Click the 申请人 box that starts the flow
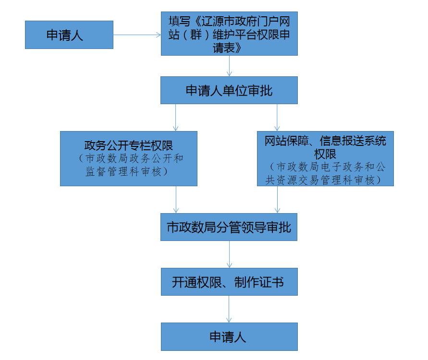69,35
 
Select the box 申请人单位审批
229,90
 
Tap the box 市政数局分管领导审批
229,227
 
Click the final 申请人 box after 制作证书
229,336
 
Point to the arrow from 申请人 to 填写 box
137,35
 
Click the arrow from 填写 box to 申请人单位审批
229,66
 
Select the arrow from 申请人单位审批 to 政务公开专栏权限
175,118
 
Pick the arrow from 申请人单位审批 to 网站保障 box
277,118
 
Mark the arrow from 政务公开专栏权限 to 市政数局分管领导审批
176,200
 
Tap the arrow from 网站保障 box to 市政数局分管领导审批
277,200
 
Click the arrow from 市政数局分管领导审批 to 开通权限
229,254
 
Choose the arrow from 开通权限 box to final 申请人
229,309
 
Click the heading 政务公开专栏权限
129,145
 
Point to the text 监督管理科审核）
127,171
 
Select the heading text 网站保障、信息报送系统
325,141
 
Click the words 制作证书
259,282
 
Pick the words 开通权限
197,282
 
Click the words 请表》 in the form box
227,48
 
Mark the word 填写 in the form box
179,21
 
